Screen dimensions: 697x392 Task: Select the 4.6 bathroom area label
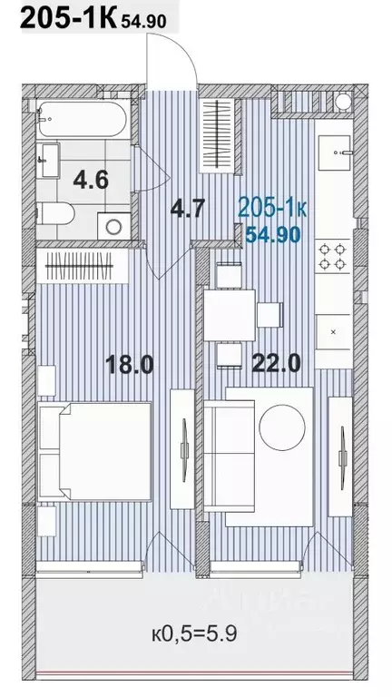tap(91, 179)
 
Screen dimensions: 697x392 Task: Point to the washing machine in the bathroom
tap(113, 223)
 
